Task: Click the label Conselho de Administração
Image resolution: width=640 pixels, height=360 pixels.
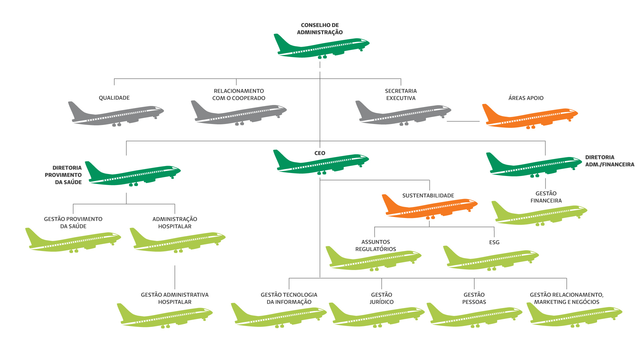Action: coord(320,29)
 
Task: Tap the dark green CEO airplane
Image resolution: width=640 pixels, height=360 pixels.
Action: coord(321,162)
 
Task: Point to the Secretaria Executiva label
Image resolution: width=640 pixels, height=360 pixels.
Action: coord(401,94)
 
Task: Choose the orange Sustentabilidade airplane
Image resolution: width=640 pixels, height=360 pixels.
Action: coord(429,207)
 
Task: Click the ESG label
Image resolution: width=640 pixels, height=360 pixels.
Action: coord(494,242)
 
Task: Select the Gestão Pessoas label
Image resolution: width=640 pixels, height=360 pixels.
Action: coord(474,298)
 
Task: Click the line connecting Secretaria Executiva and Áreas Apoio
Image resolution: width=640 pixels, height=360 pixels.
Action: coord(463,121)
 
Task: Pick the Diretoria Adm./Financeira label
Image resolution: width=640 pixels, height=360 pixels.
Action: coord(610,161)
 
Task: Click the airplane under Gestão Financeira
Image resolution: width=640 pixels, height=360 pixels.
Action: coord(539,213)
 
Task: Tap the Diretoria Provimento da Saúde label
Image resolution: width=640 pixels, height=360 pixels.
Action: coord(63,175)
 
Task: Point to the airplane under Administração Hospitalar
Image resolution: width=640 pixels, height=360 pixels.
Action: coord(178,240)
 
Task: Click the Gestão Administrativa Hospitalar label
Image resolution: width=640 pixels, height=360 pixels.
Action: coord(175,298)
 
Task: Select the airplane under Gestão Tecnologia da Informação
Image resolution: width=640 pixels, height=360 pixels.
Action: coord(279,315)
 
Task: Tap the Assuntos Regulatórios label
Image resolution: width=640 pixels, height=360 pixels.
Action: coord(376,245)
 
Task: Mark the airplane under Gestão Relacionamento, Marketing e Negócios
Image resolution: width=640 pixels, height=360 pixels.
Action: coord(574,315)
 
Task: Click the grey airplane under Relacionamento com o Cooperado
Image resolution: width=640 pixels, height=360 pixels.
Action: coord(239,113)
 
